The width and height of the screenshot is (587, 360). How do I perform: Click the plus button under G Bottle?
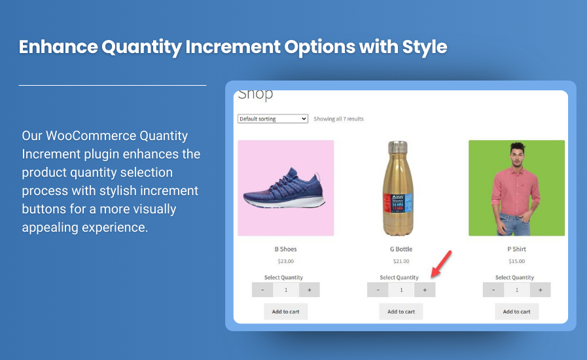point(424,290)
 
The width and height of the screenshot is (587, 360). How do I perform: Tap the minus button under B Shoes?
point(262,290)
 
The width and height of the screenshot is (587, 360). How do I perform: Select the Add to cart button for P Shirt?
point(516,312)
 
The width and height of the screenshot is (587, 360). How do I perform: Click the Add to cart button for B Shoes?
point(285,312)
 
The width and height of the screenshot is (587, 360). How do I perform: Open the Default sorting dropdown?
point(273,119)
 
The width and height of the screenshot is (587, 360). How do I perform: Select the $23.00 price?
point(285,261)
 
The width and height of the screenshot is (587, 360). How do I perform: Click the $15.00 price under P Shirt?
point(516,261)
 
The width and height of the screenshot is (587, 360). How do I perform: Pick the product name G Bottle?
point(400,249)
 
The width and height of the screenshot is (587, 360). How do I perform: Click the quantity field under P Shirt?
point(516,290)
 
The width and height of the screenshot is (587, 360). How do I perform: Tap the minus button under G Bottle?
point(378,290)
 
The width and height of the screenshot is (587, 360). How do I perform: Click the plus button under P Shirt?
point(540,290)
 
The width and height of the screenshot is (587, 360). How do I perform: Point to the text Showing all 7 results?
point(338,119)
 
